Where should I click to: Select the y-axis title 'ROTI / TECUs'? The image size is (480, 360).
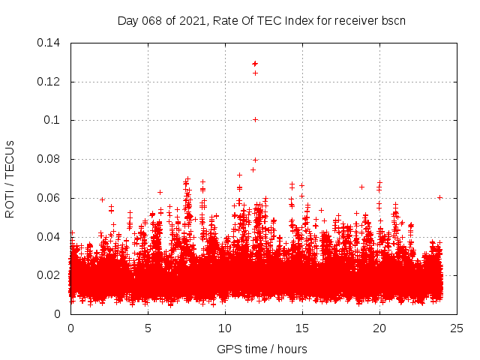(x=10, y=178)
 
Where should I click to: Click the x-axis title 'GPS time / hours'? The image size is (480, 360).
(x=262, y=349)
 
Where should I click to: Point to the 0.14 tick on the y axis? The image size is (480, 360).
(x=49, y=43)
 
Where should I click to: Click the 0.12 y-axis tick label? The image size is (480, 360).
(x=49, y=81)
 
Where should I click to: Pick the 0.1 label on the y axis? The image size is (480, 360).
(x=53, y=120)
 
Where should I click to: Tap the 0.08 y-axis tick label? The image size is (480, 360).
(x=49, y=159)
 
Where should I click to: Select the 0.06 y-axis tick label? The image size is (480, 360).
(x=49, y=198)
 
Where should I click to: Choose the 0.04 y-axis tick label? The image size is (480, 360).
(x=49, y=236)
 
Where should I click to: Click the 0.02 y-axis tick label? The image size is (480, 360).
(x=49, y=275)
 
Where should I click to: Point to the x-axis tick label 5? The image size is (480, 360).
(x=148, y=328)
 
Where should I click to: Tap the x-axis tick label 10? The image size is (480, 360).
(x=225, y=328)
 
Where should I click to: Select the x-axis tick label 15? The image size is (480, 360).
(x=302, y=328)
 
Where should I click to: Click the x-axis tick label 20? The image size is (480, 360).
(x=379, y=328)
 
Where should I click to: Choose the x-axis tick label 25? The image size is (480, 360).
(x=457, y=328)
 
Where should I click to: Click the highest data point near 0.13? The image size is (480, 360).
(x=255, y=64)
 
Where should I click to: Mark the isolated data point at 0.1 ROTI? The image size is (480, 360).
(x=256, y=119)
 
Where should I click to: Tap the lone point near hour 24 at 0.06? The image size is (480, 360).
(x=440, y=197)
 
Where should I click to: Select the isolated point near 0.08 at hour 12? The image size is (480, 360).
(x=255, y=160)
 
